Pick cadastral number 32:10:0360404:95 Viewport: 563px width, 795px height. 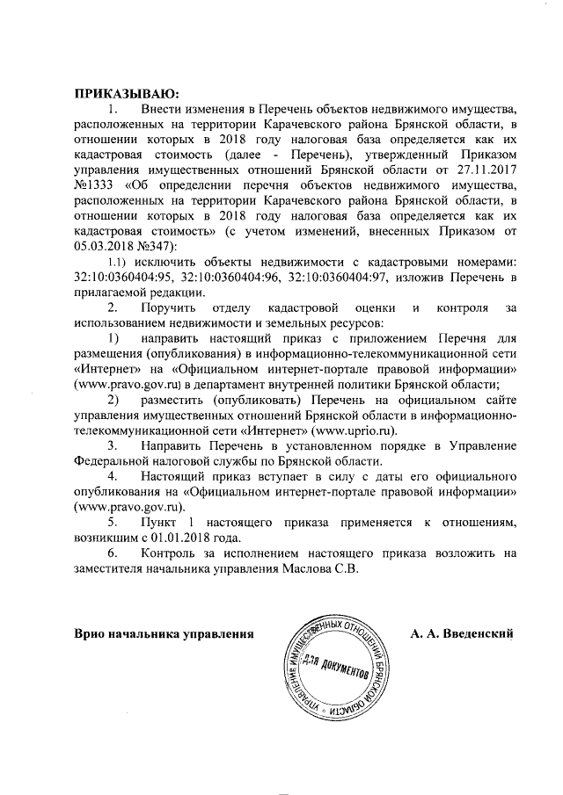124,278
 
